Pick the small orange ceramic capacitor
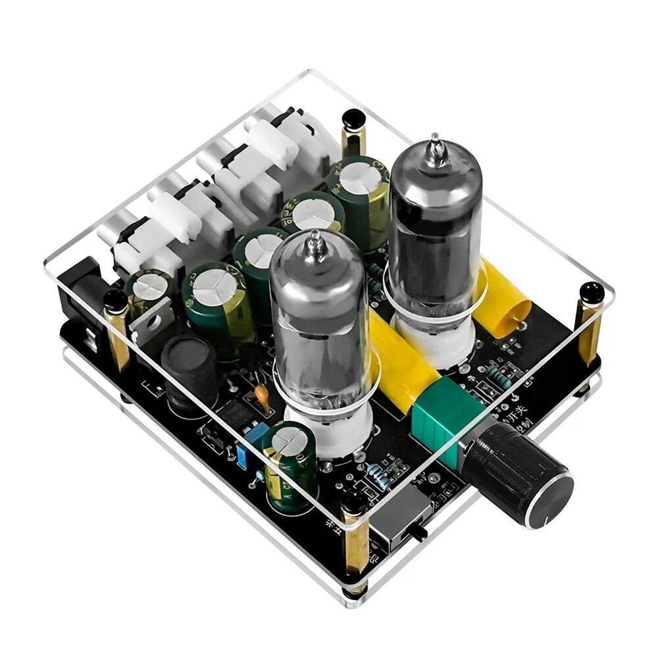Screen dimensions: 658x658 click(262, 394)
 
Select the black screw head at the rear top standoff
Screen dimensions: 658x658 click(353, 118)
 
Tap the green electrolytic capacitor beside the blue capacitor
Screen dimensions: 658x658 click(290, 464)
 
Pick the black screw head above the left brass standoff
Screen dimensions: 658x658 click(116, 301)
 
